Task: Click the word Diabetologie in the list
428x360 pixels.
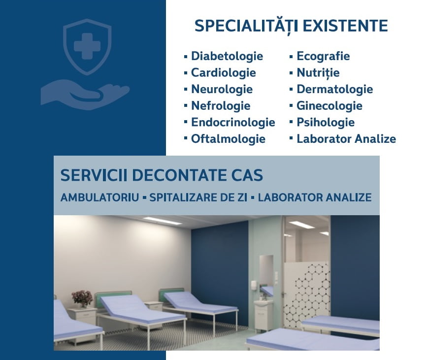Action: (x=227, y=57)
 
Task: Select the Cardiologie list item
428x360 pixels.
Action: (x=224, y=73)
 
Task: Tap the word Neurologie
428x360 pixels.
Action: (x=222, y=90)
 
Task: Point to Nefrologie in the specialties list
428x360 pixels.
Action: (x=221, y=106)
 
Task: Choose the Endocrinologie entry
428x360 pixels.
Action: (x=233, y=123)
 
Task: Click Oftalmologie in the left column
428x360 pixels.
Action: (x=228, y=139)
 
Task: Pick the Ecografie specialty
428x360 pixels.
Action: (x=323, y=57)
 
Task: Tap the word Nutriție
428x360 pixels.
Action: (x=318, y=73)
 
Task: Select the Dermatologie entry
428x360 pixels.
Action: (x=335, y=90)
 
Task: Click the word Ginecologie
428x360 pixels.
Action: (x=329, y=106)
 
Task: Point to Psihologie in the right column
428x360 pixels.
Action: (x=326, y=123)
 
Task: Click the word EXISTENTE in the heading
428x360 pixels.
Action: (x=345, y=26)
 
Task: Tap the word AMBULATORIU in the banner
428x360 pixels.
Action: (x=100, y=197)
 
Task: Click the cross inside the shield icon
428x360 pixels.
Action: (x=87, y=46)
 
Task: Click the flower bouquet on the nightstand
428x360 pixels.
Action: (x=82, y=298)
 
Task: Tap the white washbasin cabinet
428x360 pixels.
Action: (x=263, y=316)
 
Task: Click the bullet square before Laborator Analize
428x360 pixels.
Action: (x=291, y=138)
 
